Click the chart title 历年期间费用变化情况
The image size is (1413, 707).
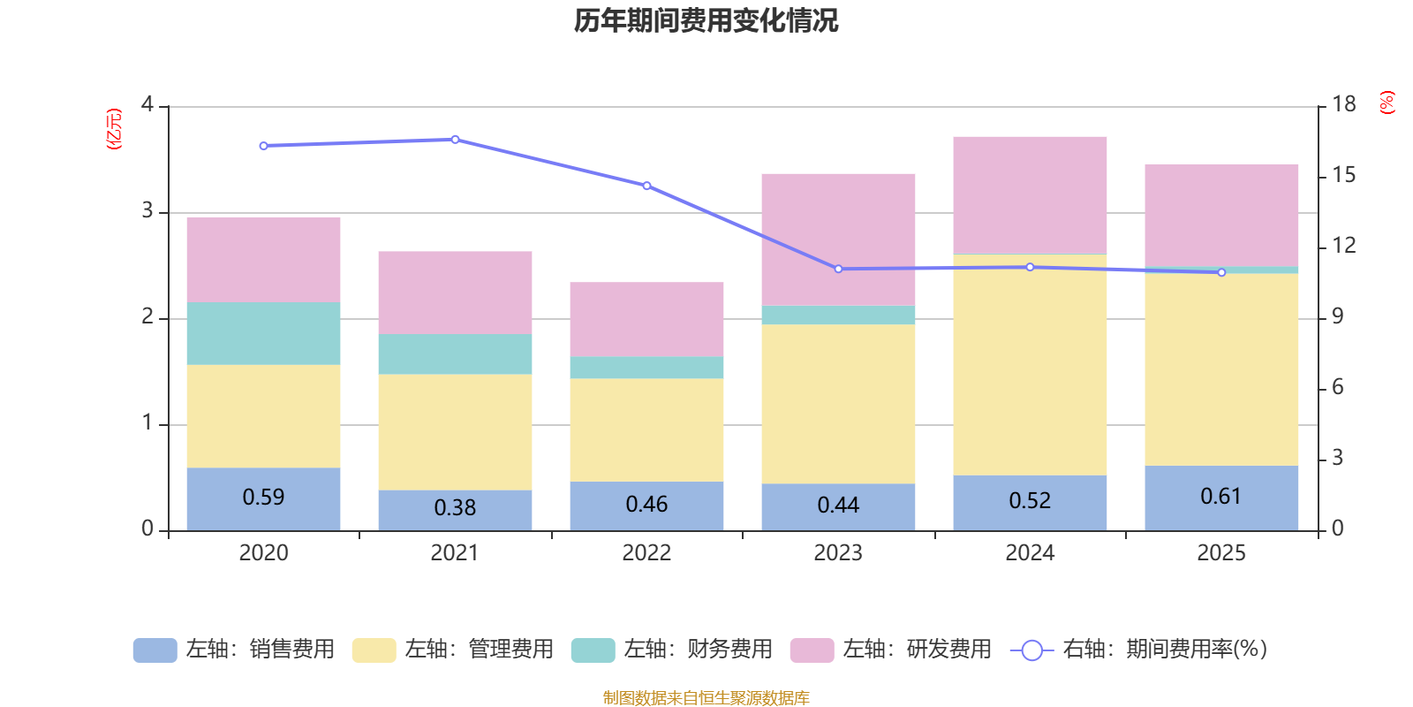coord(706,20)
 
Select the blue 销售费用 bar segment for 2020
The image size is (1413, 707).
coord(263,498)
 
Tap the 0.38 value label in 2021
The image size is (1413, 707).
coord(455,508)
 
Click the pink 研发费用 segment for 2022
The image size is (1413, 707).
coord(646,319)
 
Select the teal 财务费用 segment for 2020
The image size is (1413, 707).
coord(263,333)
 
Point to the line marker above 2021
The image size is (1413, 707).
coord(455,140)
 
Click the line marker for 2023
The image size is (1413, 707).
coord(838,269)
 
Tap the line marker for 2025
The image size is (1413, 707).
coord(1221,272)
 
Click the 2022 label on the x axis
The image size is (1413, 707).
coord(646,553)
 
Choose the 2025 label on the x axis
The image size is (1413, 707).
coord(1221,553)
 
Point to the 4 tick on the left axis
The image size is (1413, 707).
coord(147,105)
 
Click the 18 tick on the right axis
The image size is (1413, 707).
coord(1343,104)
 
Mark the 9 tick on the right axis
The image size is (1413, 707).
coord(1337,316)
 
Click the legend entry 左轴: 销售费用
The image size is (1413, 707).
coord(234,650)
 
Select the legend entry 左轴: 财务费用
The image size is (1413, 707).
coord(672,650)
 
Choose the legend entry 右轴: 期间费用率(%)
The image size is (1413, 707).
coord(1138,650)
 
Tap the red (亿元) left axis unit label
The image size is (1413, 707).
coord(113,129)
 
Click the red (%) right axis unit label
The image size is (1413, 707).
coord(1387,103)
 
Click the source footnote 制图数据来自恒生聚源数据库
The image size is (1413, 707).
coord(706,698)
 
